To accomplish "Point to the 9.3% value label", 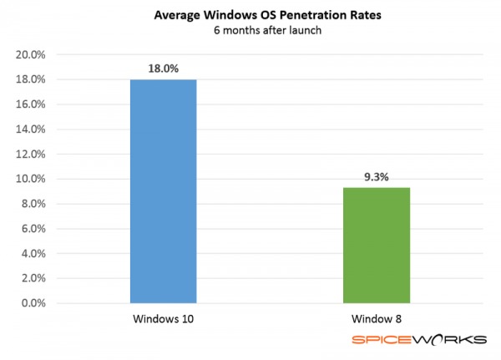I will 377,177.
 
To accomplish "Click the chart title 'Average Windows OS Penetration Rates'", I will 250,15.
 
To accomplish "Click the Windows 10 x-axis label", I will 163,319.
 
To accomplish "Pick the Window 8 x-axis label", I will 377,319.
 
